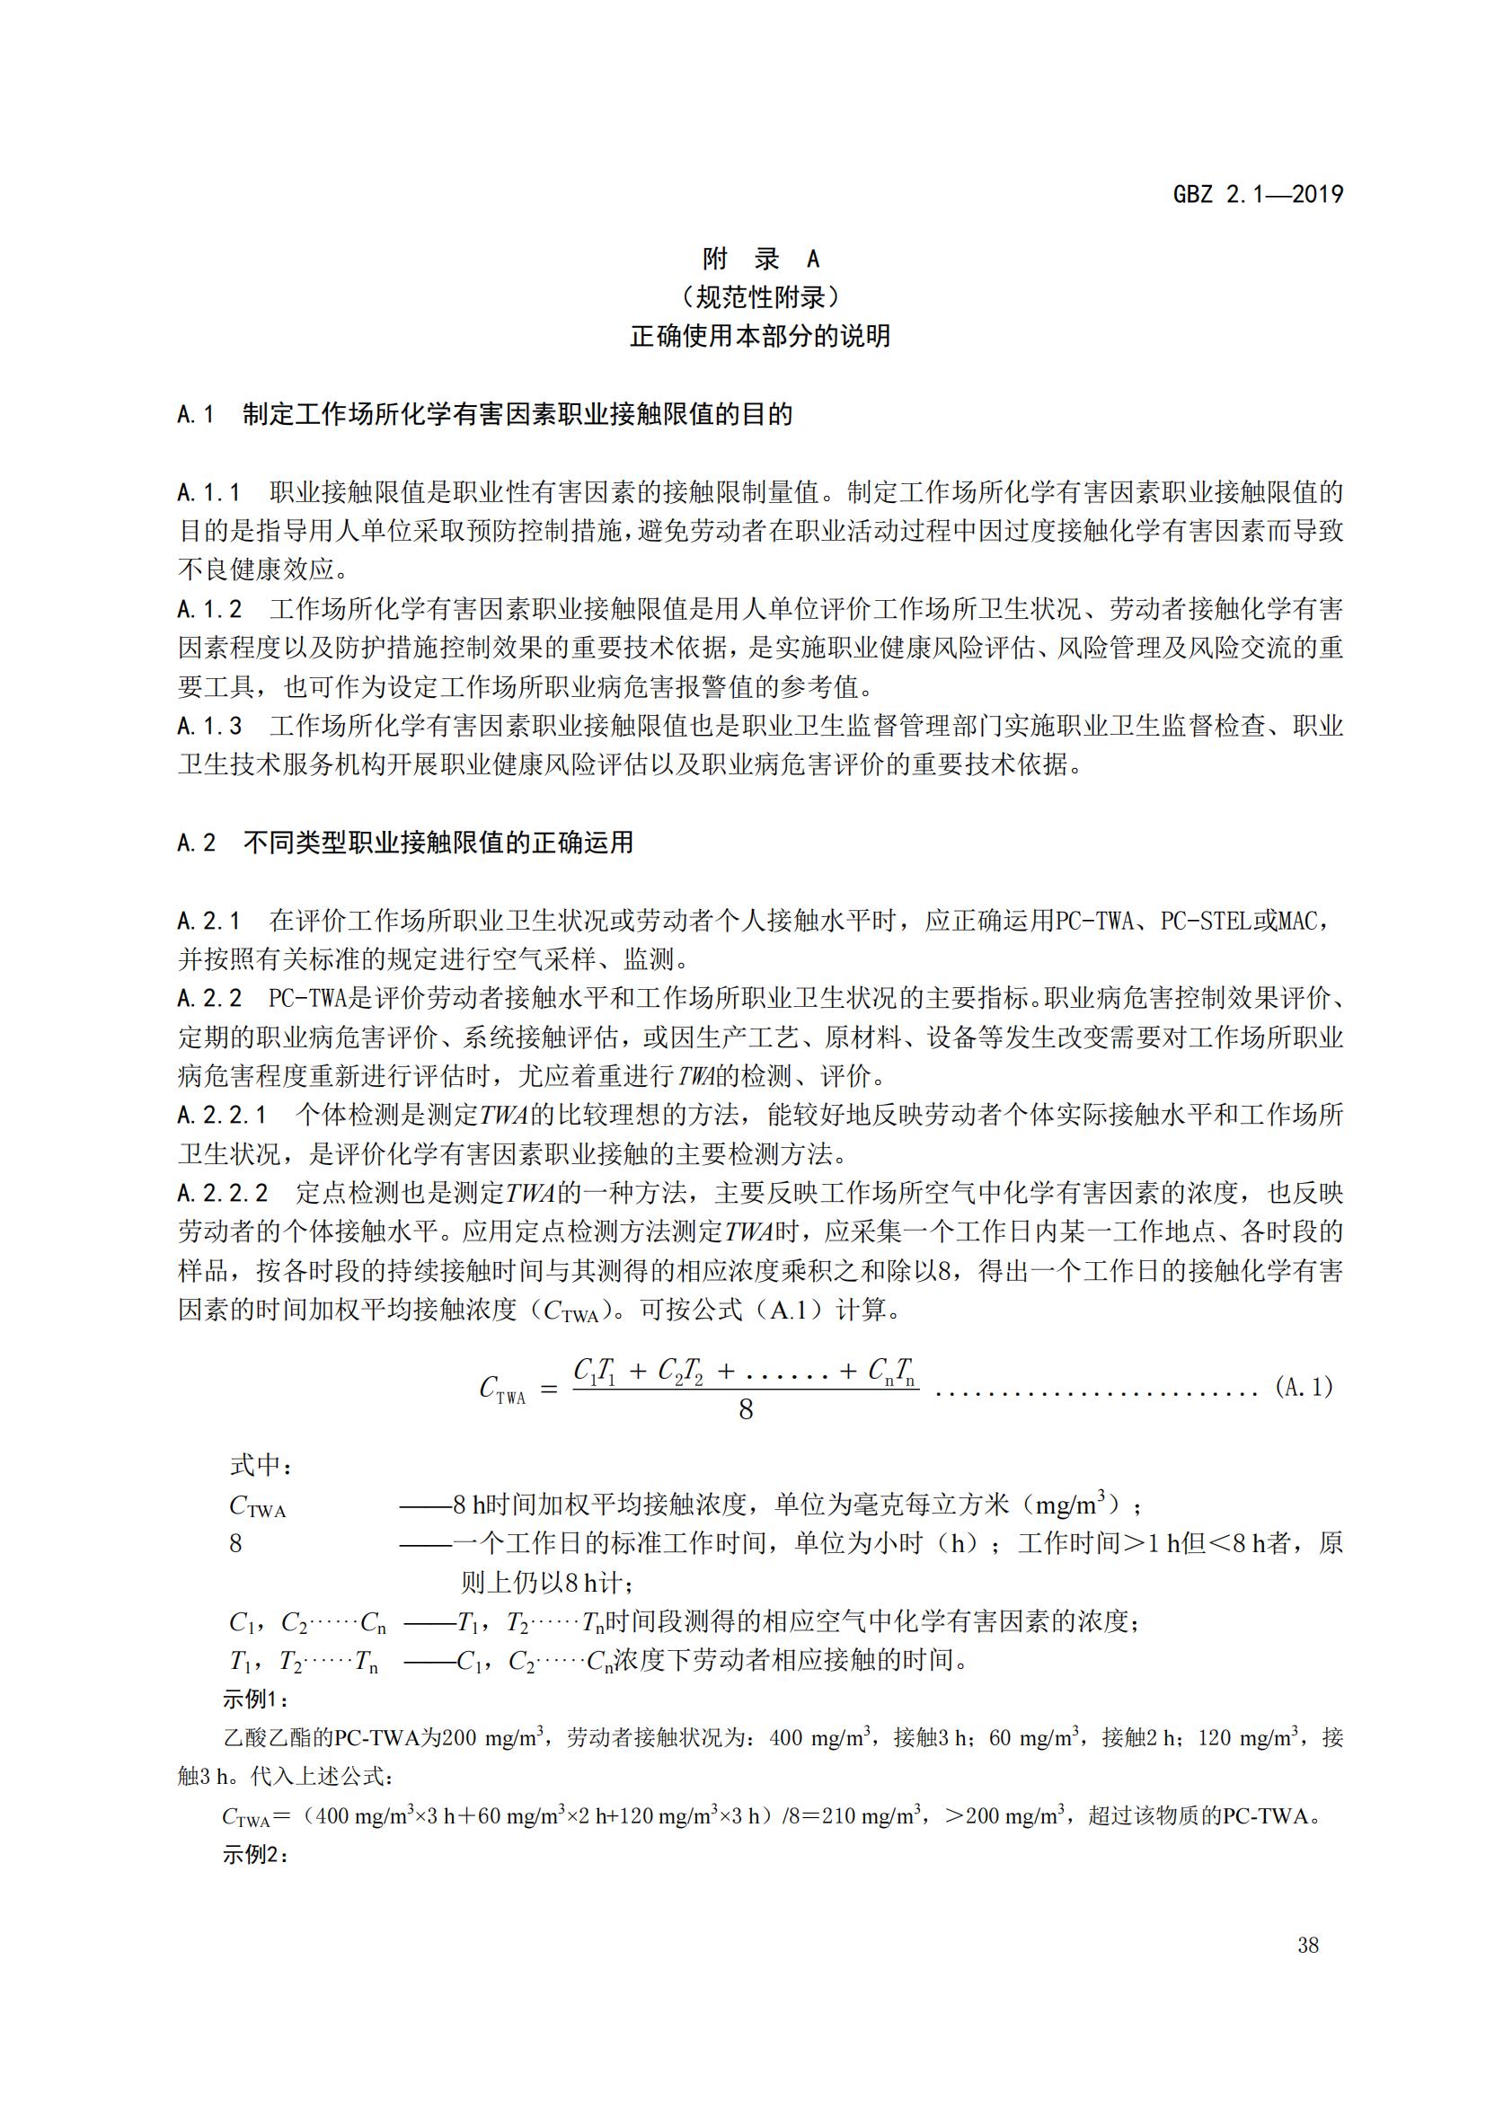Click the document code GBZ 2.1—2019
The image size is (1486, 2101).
click(1258, 194)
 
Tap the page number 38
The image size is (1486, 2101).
click(1307, 1945)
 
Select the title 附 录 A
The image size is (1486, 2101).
click(760, 259)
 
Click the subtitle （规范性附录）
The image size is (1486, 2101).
click(760, 297)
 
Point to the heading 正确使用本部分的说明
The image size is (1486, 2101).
click(760, 336)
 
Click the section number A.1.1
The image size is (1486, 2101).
click(209, 492)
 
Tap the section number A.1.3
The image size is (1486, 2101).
click(209, 726)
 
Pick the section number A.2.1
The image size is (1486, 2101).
click(209, 921)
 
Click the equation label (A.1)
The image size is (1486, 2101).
click(1304, 1387)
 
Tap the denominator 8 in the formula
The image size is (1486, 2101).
click(746, 1410)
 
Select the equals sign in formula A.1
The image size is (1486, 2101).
click(549, 1389)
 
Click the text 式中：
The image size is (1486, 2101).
click(261, 1465)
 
